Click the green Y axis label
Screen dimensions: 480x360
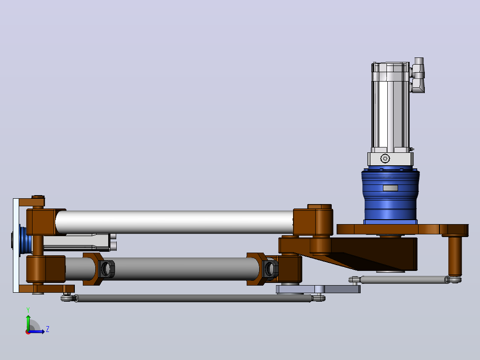click(x=28, y=310)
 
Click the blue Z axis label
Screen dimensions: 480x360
click(x=48, y=329)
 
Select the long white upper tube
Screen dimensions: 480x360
click(x=175, y=222)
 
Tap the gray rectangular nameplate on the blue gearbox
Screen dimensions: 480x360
click(x=391, y=188)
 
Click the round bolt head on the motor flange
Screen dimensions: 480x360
click(x=385, y=159)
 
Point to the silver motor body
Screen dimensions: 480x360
click(x=391, y=106)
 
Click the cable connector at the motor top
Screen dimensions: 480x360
click(x=418, y=75)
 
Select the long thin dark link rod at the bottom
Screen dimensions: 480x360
click(x=193, y=298)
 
